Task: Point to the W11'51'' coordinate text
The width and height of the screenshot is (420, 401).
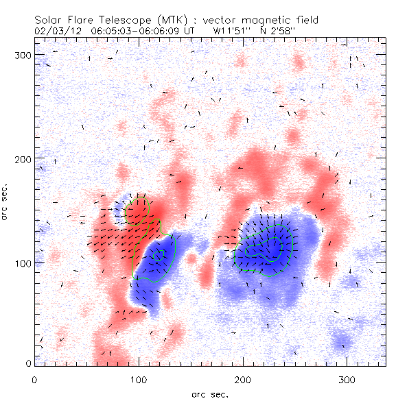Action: tap(233, 31)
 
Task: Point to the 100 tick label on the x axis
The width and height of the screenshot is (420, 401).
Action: tap(139, 379)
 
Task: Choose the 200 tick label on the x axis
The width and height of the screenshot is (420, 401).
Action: tap(243, 379)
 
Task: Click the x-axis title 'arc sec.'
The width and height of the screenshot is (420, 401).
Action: tap(209, 393)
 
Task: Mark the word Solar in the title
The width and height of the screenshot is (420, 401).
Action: tap(51, 21)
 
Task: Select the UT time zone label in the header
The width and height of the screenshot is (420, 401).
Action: tap(195, 31)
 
